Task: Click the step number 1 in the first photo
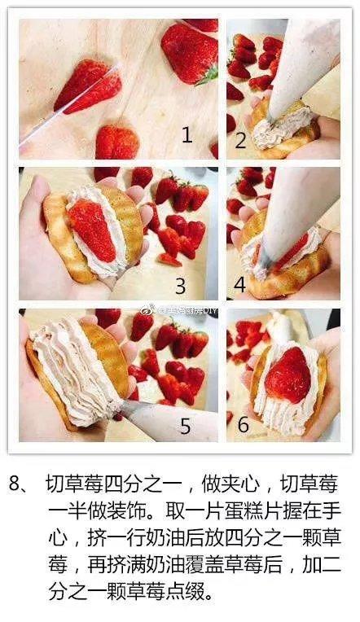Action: point(187,135)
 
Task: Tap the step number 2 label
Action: point(240,140)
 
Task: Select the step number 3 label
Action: point(181,286)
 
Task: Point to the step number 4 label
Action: point(240,284)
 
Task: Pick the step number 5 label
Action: point(185,426)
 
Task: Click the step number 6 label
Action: point(243,424)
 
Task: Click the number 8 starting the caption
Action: point(15,484)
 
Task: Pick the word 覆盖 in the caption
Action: point(205,565)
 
